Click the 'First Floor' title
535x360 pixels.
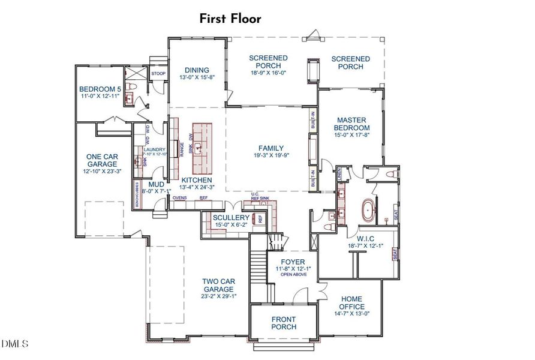(x=231, y=19)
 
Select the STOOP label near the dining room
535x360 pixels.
(x=158, y=74)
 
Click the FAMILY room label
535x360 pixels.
(x=271, y=148)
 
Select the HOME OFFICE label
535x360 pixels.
(x=351, y=303)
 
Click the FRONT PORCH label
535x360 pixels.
(x=284, y=323)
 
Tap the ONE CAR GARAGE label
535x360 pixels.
(x=101, y=160)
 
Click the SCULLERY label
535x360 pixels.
(x=231, y=217)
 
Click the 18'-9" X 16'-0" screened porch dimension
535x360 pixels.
(x=268, y=73)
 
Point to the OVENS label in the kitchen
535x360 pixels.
(x=180, y=197)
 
